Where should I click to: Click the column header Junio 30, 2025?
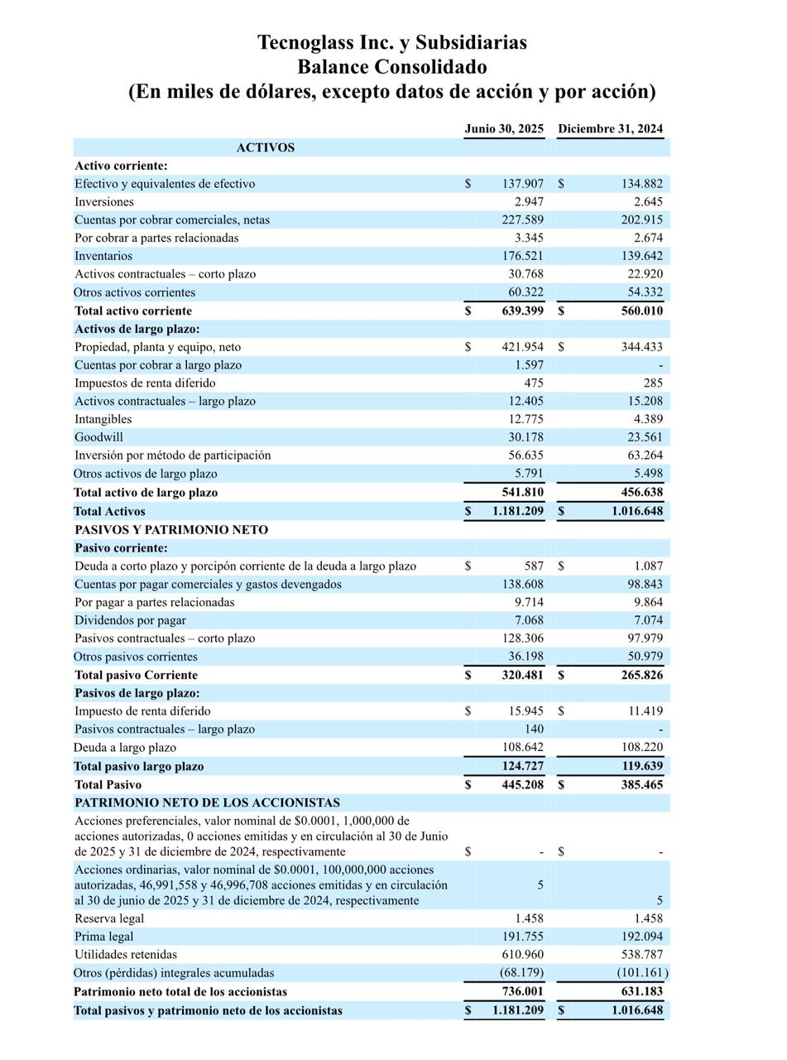tap(504, 128)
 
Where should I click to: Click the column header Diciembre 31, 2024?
tap(610, 128)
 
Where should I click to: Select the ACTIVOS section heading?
tap(265, 147)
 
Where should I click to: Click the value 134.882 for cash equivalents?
tap(641, 184)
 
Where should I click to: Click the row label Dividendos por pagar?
tap(130, 620)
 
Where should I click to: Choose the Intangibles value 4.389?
tap(645, 419)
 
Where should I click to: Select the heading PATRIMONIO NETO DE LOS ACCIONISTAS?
tap(207, 802)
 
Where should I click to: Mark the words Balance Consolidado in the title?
tap(391, 67)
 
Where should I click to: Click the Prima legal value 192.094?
tap(641, 937)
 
